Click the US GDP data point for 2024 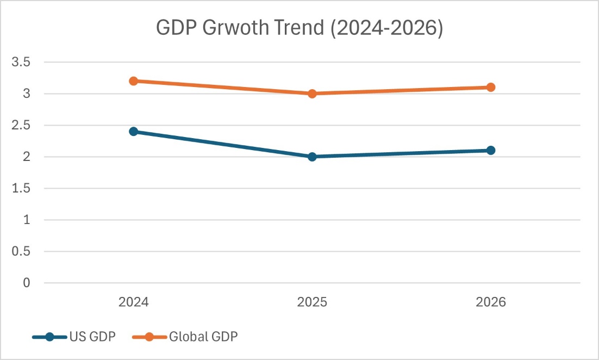tap(133, 132)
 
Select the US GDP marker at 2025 tap(312, 157)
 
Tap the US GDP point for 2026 tap(490, 150)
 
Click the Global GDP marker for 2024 tap(133, 81)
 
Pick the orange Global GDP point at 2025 tap(312, 94)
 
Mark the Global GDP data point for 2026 tap(490, 87)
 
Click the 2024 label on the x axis tap(133, 302)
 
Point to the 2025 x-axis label tap(312, 302)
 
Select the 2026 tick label tap(490, 302)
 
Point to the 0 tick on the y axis tap(26, 283)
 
